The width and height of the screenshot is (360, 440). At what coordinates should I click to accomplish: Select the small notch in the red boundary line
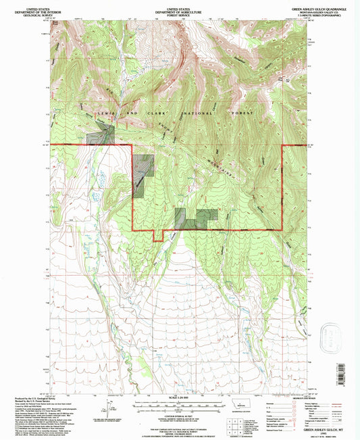point(158,235)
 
